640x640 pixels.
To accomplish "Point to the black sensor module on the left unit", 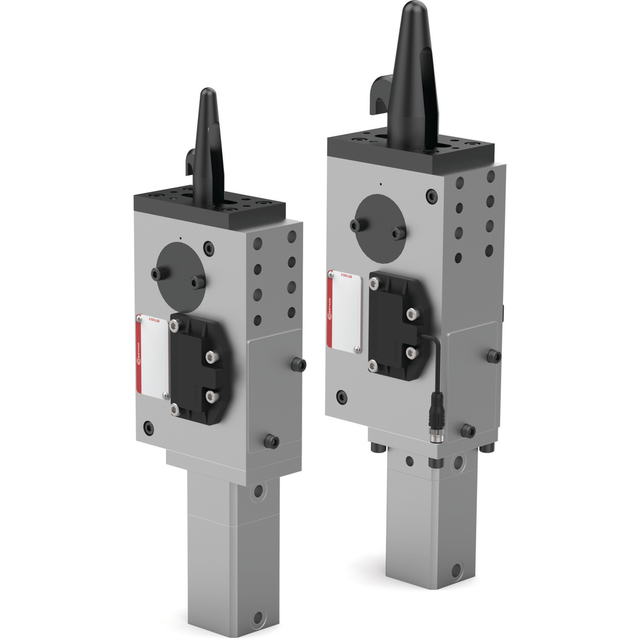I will point(198,368).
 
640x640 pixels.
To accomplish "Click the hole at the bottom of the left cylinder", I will point(258,617).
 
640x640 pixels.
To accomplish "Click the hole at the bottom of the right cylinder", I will point(456,570).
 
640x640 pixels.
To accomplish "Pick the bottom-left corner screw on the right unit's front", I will point(341,396).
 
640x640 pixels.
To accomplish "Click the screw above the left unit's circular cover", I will point(208,246).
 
